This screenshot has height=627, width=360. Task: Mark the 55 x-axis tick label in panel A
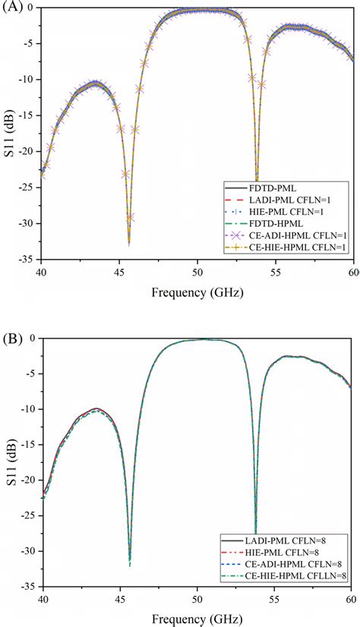[x=276, y=272]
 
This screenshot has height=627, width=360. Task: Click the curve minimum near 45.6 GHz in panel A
[x=129, y=243]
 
